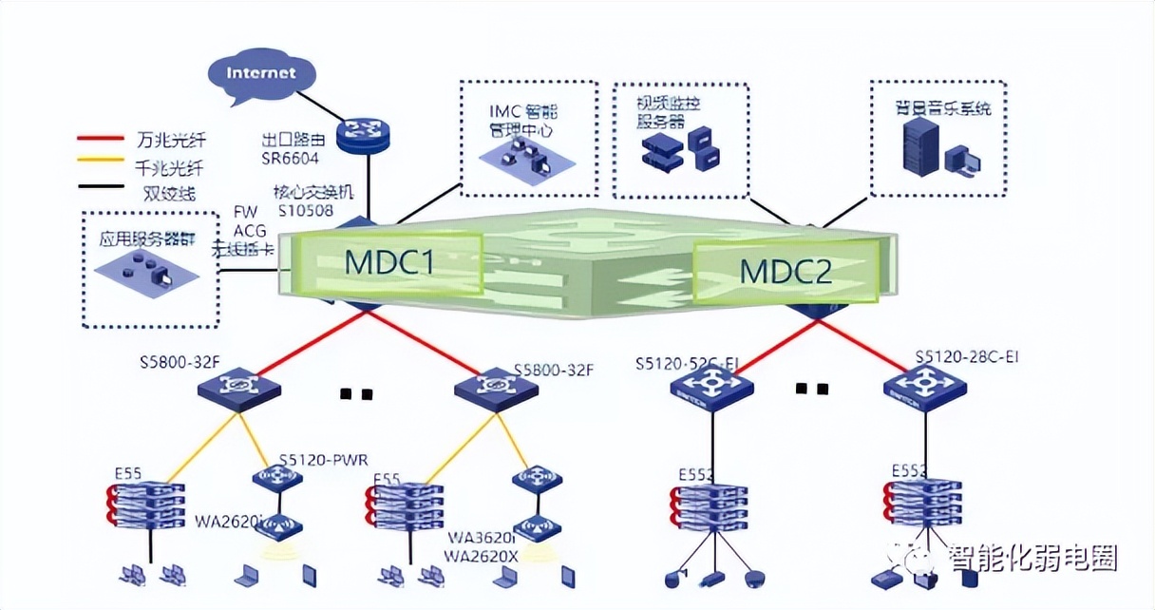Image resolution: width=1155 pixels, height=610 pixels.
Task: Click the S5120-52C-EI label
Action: click(690, 363)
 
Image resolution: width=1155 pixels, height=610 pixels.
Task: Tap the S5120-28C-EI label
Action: click(967, 357)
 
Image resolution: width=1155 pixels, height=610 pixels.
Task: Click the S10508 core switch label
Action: click(305, 209)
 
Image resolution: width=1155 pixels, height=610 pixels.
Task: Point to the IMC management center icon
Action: click(517, 154)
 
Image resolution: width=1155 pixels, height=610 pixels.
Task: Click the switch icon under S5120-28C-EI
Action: click(924, 387)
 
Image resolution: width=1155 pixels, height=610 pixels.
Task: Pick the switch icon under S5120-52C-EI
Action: click(711, 388)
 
